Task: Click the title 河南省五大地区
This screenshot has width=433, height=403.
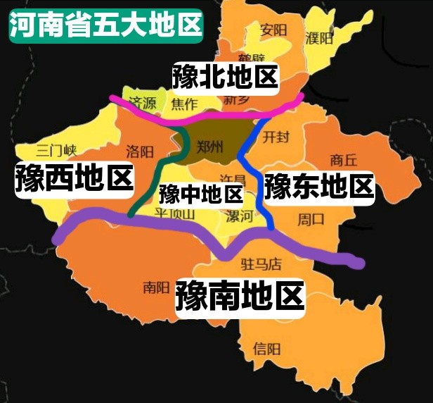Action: (105, 26)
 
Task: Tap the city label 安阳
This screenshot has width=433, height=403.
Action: (273, 30)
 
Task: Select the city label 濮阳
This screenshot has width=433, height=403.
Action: (319, 37)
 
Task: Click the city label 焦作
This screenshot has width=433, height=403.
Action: (184, 104)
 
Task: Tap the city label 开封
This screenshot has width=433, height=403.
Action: (276, 137)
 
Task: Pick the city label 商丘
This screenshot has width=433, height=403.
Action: (344, 159)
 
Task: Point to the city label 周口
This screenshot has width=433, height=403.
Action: (311, 218)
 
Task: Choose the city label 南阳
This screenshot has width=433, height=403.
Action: (156, 287)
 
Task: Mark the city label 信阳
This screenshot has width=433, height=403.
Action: (267, 348)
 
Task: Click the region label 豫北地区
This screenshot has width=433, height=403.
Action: (225, 76)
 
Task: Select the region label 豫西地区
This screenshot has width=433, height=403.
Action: (75, 178)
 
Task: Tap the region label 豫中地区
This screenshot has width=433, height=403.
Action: (200, 193)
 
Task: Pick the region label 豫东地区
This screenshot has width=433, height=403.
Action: (318, 186)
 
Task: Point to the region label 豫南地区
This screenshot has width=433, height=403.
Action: (240, 297)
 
